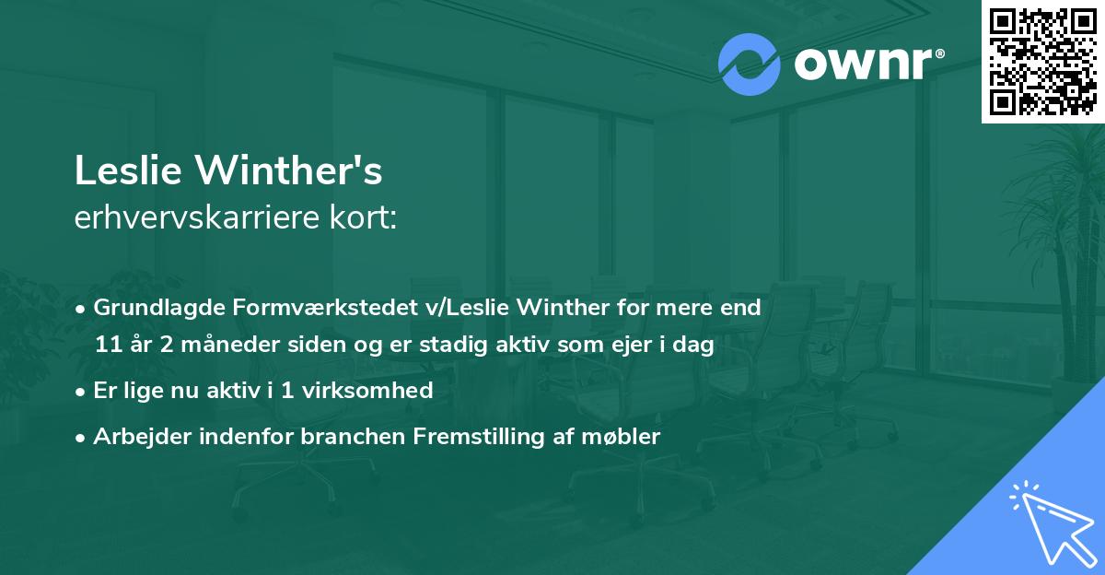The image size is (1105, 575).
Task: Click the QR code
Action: tap(1042, 61)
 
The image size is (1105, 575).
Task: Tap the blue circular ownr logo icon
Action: tap(749, 65)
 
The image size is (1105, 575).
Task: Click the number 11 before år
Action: tap(107, 345)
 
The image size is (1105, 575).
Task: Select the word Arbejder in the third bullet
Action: tap(134, 437)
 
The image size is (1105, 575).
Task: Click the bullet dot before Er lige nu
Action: tap(82, 391)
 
